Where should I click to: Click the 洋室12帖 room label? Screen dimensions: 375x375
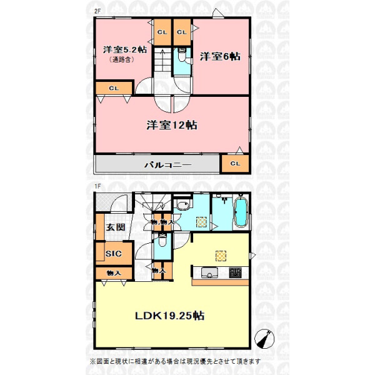tap(172, 125)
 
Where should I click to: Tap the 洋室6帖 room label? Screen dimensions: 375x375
tap(220, 56)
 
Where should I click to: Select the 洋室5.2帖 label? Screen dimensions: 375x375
tap(125, 50)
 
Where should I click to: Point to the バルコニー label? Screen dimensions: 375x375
tap(168, 165)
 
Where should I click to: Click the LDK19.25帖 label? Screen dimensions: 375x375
tap(170, 316)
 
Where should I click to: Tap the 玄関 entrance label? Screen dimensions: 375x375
tap(116, 227)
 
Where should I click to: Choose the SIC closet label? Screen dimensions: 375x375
tap(114, 254)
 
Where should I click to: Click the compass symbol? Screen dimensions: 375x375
tap(264, 338)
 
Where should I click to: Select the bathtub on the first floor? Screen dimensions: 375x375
tap(241, 212)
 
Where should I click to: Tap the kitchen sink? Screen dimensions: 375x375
tap(209, 272)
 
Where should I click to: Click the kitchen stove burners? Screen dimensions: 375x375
tap(236, 272)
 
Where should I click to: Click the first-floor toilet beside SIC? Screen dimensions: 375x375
tap(162, 241)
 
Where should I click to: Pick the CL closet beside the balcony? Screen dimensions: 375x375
tap(235, 164)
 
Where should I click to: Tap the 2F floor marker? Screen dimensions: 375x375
tap(97, 11)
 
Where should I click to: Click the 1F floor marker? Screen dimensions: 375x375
tap(97, 186)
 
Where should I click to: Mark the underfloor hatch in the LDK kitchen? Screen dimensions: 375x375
tap(221, 256)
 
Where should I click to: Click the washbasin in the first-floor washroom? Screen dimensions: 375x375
tap(183, 206)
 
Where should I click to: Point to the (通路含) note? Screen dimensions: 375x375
tap(121, 59)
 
